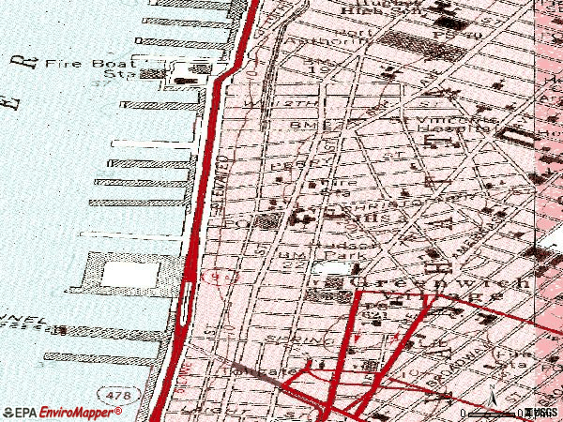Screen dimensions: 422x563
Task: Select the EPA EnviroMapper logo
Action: (x=54, y=413)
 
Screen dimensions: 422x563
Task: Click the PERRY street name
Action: (x=286, y=164)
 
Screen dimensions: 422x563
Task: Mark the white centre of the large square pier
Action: (x=125, y=274)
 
